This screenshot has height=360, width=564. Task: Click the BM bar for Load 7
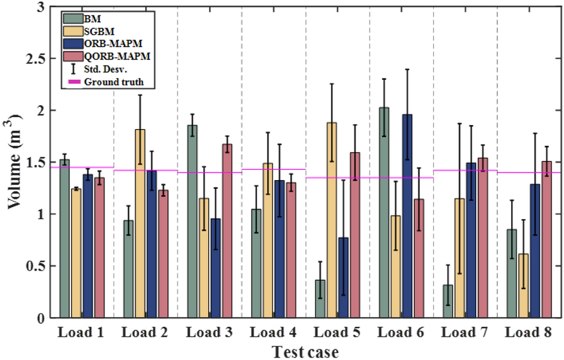pos(448,301)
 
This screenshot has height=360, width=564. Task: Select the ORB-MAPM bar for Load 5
pos(344,278)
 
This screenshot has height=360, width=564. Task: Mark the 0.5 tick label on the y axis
pos(38,266)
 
